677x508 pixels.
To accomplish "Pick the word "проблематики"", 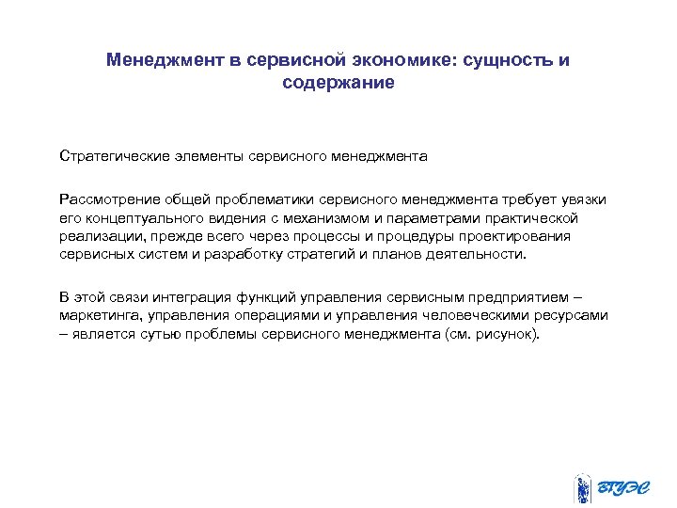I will tap(263, 198).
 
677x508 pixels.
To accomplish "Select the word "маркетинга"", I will tap(99, 316).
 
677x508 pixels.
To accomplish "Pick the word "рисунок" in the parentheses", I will tap(510, 334).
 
